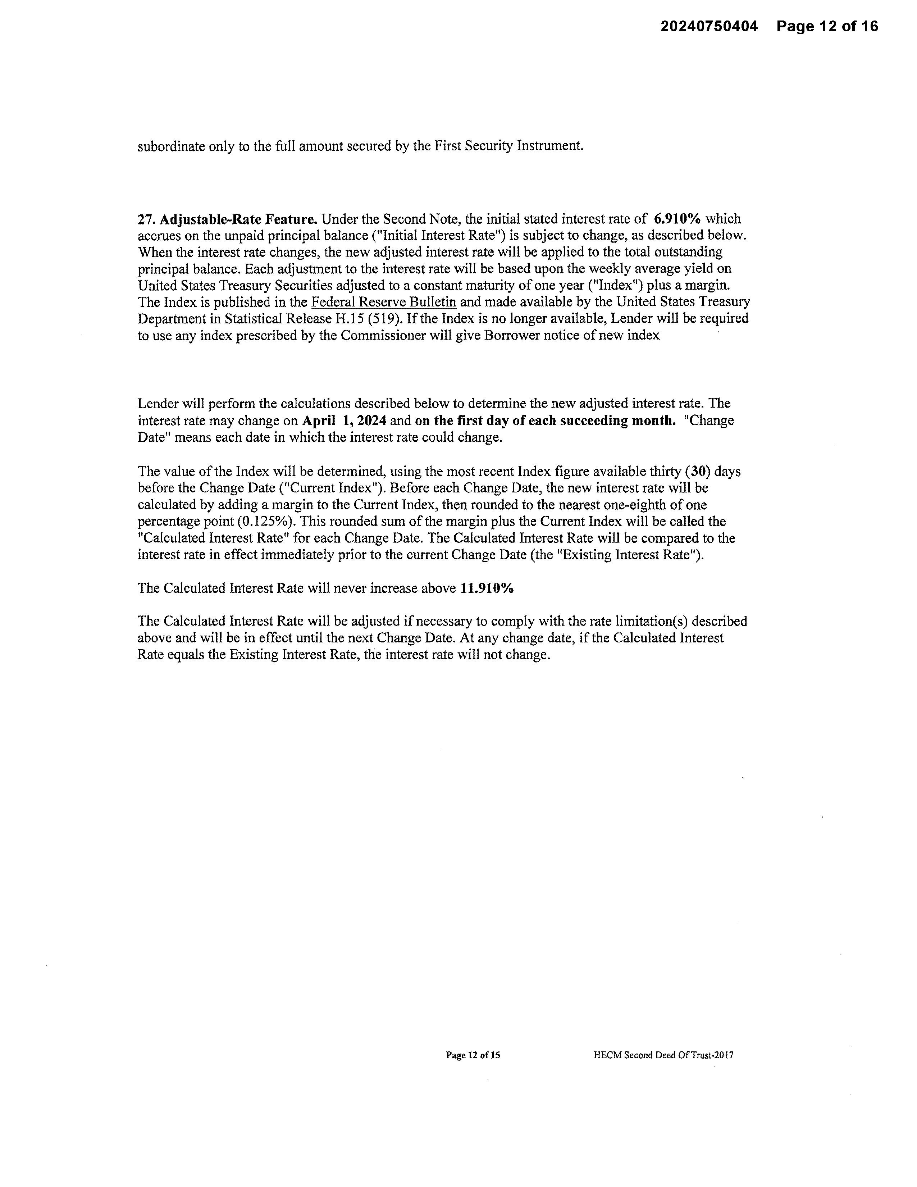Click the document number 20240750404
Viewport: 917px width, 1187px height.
click(x=708, y=26)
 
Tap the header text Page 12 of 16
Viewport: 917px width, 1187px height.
click(x=827, y=26)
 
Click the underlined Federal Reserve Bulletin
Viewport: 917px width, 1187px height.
click(x=384, y=302)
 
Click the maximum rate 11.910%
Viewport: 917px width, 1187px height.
click(x=487, y=588)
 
